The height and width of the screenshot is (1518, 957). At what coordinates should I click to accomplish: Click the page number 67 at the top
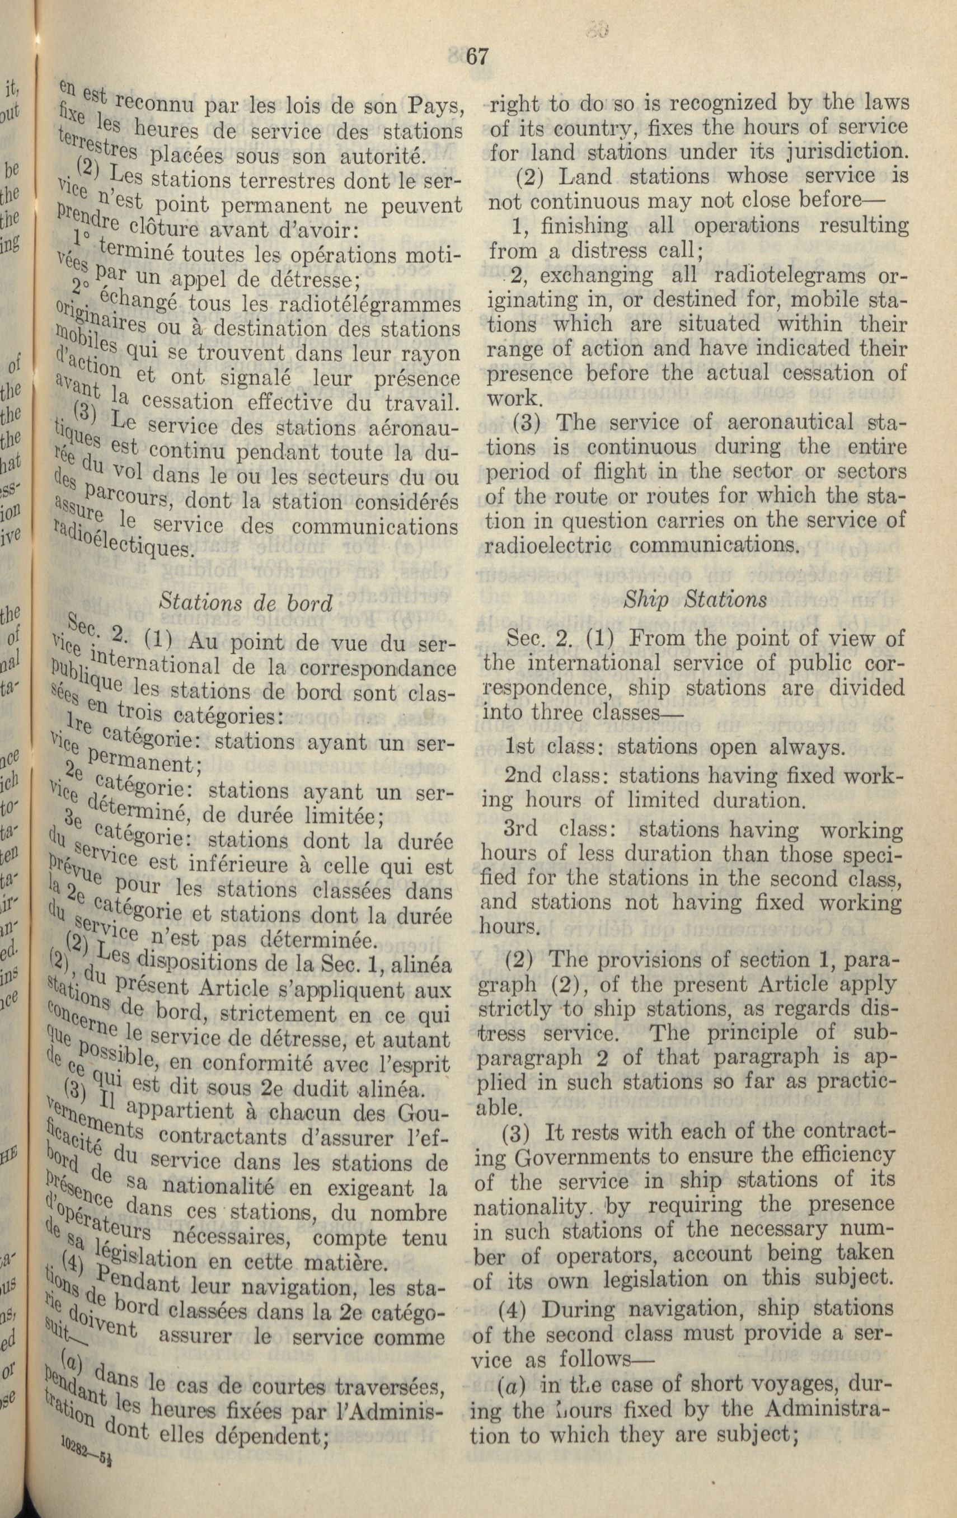[477, 56]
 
